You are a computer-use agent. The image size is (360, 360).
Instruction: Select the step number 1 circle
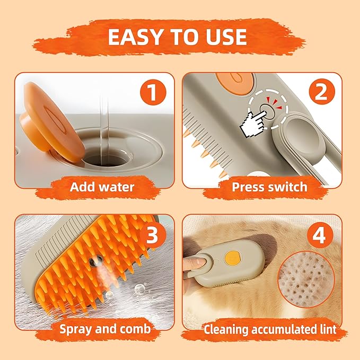point(153,92)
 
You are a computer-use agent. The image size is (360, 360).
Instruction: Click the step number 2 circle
point(322,92)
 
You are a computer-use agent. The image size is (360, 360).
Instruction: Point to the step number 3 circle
point(153,235)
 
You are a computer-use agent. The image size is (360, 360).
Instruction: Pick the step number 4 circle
point(320,235)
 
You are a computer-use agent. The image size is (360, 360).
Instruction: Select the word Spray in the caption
point(76,329)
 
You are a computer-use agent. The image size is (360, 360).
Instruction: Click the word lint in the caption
point(328,329)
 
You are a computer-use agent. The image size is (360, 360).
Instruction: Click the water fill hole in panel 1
point(105,158)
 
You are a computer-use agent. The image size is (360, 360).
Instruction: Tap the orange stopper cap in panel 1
point(51,122)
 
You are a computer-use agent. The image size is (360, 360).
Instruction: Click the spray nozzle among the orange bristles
point(95,261)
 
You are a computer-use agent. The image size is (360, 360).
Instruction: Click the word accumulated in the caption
point(285,329)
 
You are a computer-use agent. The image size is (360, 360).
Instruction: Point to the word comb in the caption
point(135,329)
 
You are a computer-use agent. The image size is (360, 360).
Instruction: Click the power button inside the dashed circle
point(267,112)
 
